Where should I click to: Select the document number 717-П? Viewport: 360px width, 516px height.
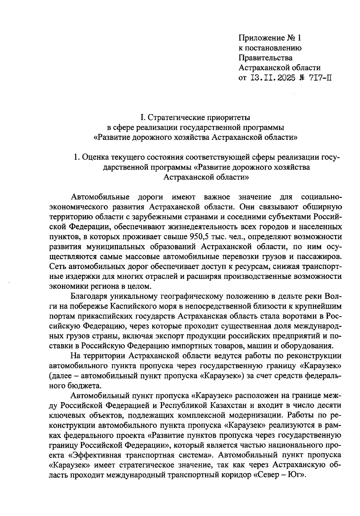coord(320,78)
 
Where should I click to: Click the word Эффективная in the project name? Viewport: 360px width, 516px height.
coord(95,455)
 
